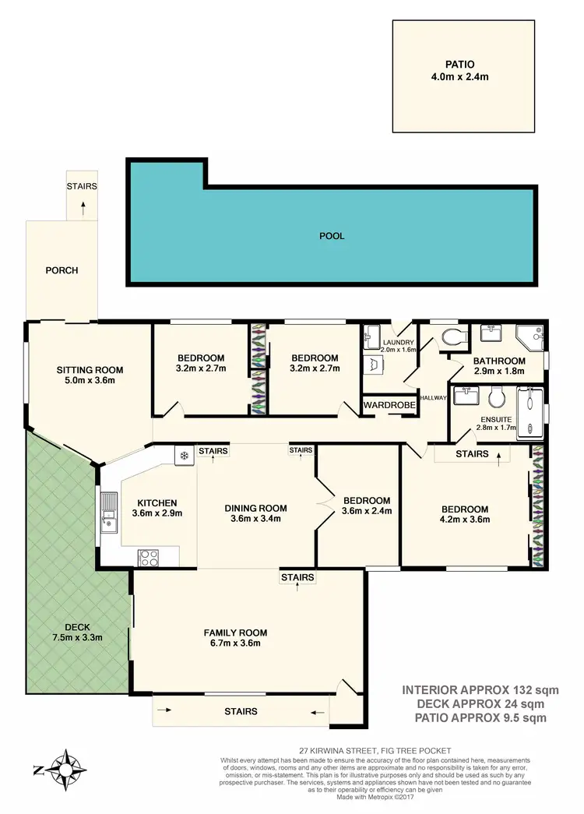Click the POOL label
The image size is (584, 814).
(331, 235)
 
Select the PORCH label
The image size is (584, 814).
(62, 270)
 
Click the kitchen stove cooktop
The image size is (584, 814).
(148, 556)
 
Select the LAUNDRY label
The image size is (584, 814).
(397, 341)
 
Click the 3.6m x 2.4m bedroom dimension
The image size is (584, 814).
(366, 512)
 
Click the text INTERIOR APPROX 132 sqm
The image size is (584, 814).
(480, 689)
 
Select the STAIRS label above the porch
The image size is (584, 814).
(82, 187)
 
